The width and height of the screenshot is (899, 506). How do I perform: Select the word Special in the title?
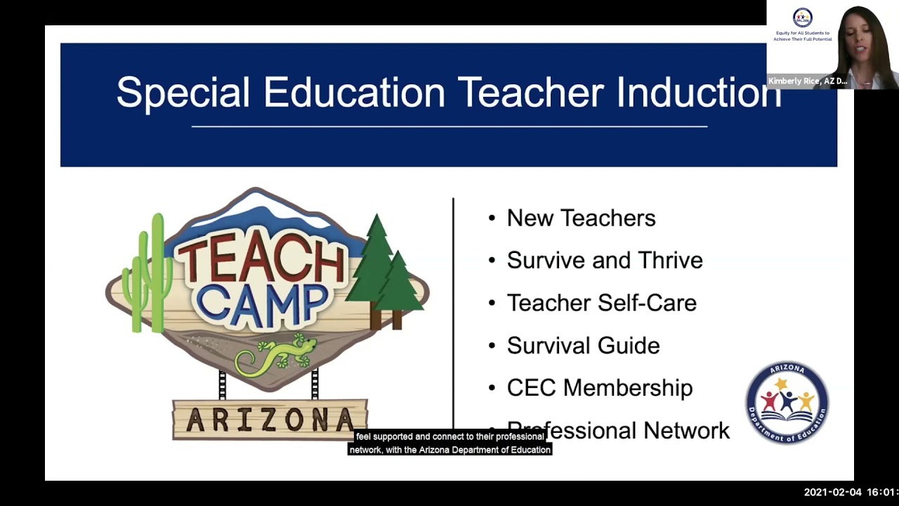(x=183, y=93)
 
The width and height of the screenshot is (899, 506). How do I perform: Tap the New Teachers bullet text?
(x=581, y=218)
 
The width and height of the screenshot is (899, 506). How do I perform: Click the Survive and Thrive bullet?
(x=604, y=260)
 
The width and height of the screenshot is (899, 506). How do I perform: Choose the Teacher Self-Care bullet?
(x=601, y=303)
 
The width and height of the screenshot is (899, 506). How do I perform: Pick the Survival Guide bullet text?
(x=583, y=346)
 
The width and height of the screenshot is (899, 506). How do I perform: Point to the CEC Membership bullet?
(x=599, y=388)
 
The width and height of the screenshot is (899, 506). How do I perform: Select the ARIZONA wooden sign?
(x=270, y=420)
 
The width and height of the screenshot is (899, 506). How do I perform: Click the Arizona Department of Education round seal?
(x=787, y=403)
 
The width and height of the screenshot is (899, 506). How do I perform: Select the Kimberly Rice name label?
(x=807, y=82)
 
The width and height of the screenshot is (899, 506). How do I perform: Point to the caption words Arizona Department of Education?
(x=485, y=450)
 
